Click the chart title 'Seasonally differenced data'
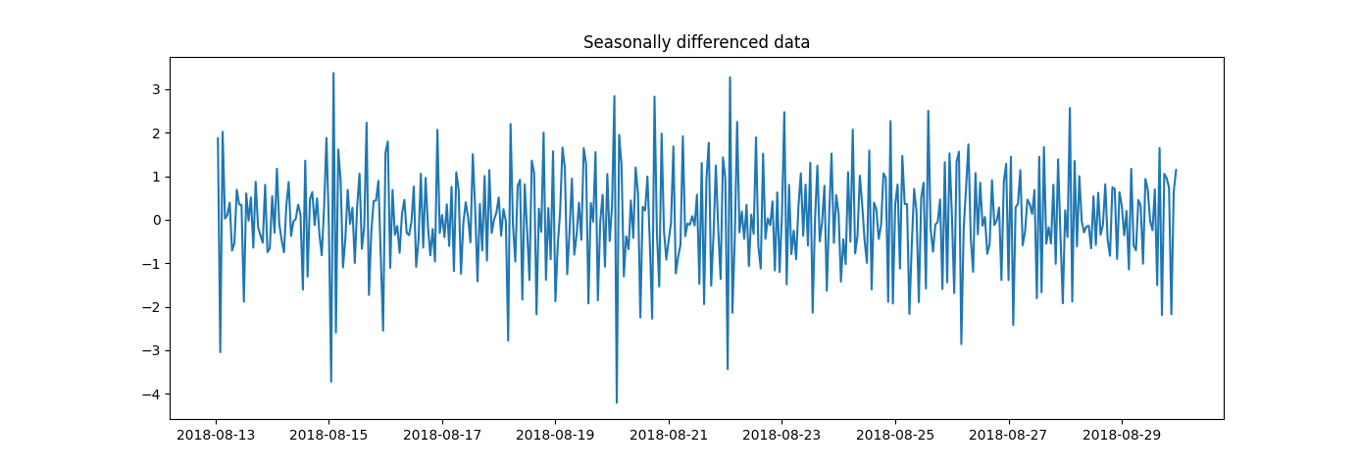[x=696, y=42]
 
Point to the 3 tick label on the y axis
[x=155, y=89]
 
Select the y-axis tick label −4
[x=151, y=394]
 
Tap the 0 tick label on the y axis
[x=155, y=220]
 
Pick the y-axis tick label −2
[x=151, y=307]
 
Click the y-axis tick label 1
[x=155, y=177]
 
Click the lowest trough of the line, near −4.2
[x=617, y=402]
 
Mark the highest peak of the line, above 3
[x=333, y=73]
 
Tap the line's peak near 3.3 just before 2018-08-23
[x=730, y=77]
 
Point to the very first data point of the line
[x=218, y=138]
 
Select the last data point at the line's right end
[x=1176, y=170]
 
